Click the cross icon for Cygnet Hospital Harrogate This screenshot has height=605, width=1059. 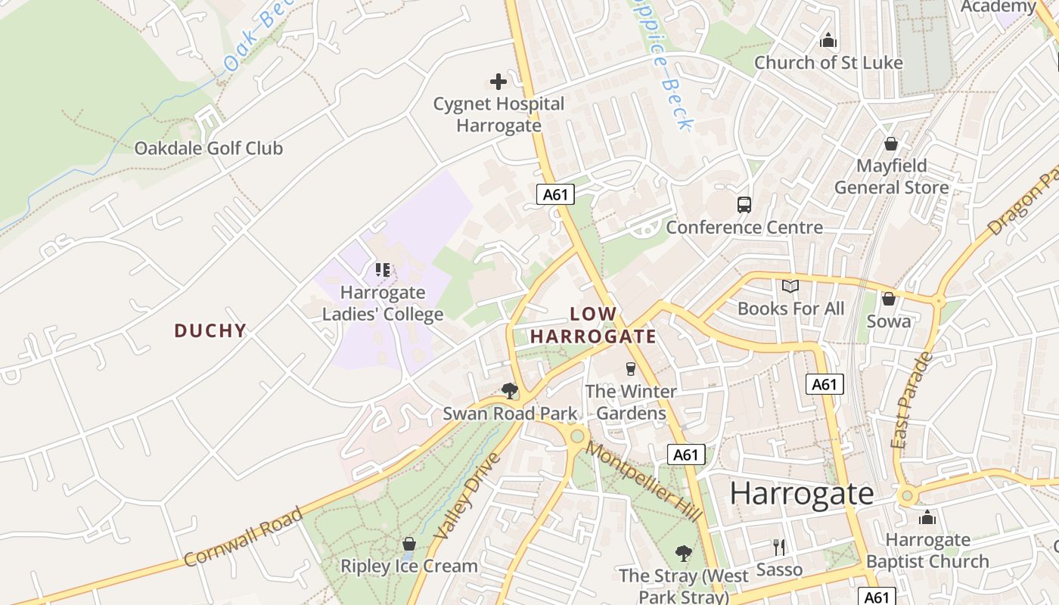coord(498,82)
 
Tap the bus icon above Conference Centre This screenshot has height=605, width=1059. coord(744,205)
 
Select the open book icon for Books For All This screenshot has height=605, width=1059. coord(790,287)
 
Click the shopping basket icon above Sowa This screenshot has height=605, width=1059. coord(889,299)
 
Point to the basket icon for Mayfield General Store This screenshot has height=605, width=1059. coord(891,144)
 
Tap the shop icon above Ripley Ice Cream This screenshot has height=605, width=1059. coord(409,544)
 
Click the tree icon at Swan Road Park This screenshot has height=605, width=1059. coord(510,391)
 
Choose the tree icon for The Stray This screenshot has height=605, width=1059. coord(684,554)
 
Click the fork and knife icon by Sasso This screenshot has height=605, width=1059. coord(779,548)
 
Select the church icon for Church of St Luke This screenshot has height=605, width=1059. coord(828,40)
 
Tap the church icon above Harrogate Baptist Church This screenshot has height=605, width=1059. coord(927,518)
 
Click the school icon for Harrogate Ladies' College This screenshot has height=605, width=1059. coord(383,270)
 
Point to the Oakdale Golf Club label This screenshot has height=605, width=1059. coord(208,148)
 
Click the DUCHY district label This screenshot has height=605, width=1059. coord(210,330)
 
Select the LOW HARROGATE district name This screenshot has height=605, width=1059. coord(593,325)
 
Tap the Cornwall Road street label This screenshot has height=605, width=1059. coord(244,537)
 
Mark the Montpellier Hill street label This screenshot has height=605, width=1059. coord(644,482)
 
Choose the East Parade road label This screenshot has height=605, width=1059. coord(912,400)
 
